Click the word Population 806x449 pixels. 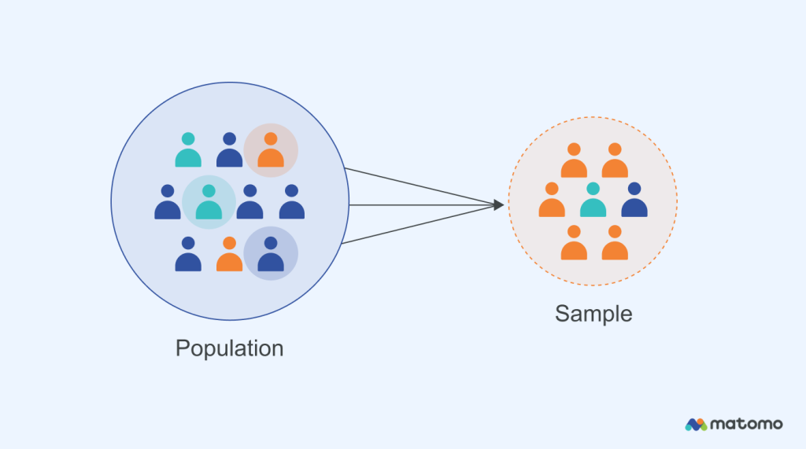[229, 348]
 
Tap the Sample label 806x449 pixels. [593, 313]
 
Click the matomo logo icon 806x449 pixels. [696, 424]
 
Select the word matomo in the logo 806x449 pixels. [746, 424]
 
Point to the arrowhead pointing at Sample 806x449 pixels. [498, 205]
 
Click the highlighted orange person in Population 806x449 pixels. [271, 150]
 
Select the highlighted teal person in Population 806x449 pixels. [209, 202]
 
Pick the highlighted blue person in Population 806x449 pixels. [271, 254]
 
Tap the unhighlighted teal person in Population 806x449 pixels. [188, 150]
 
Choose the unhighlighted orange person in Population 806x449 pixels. [229, 255]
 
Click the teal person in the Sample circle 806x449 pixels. [593, 201]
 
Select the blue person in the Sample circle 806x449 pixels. [634, 201]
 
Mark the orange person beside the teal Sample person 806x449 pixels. [552, 201]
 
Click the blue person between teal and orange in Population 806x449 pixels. [229, 150]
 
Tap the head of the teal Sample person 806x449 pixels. [593, 189]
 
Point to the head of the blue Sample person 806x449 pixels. [634, 189]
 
